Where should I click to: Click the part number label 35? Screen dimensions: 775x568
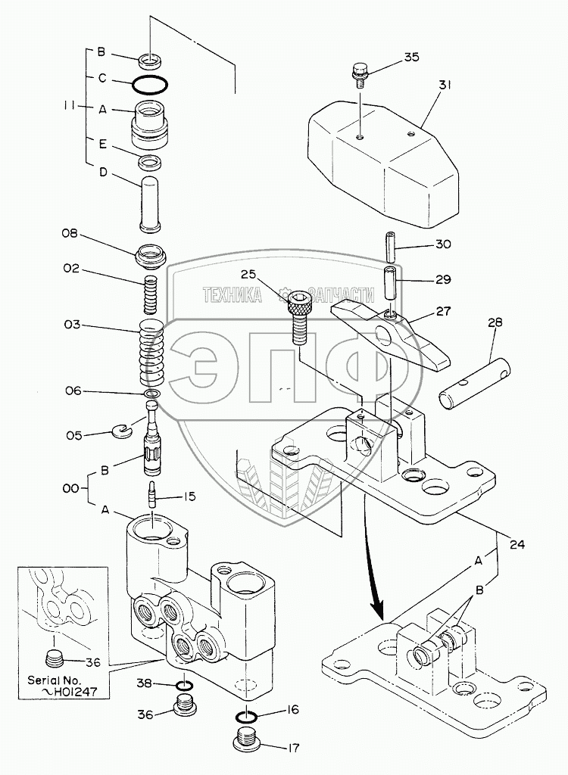point(411,57)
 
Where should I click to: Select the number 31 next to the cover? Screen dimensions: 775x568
point(445,86)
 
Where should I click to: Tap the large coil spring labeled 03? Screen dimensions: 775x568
point(152,353)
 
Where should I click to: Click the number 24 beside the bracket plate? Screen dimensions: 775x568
point(517,543)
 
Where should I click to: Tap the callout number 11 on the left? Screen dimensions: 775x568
point(70,108)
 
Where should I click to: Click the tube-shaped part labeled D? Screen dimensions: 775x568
point(152,203)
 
